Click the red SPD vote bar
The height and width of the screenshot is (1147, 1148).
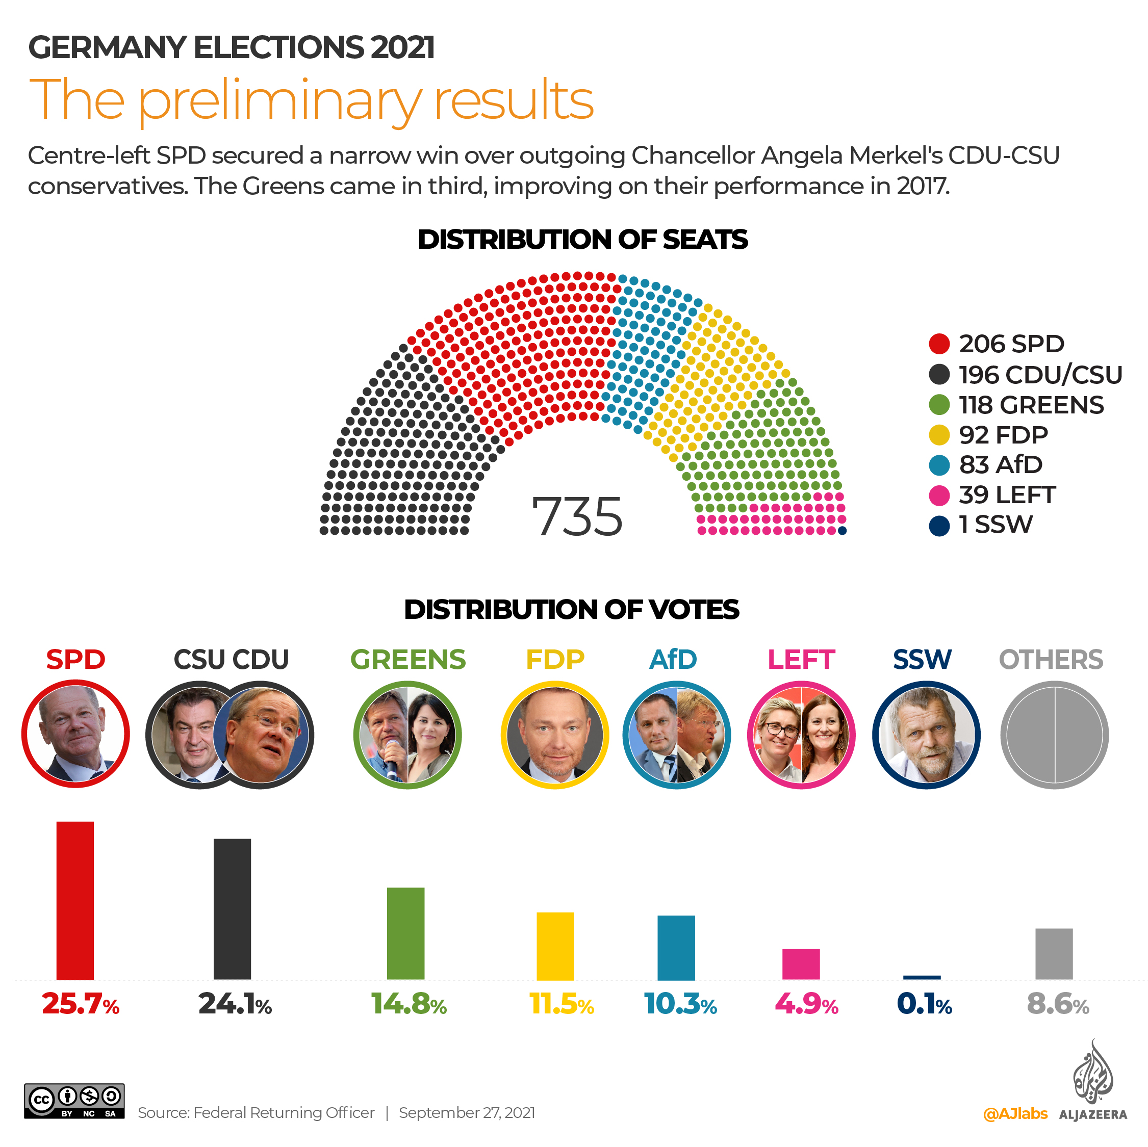75,900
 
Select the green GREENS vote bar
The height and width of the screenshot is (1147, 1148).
405,933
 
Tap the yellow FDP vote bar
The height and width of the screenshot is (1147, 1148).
555,946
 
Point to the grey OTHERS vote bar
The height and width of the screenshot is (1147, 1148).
1054,953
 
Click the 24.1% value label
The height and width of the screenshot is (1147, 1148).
235,1004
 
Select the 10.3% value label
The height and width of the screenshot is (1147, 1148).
680,1004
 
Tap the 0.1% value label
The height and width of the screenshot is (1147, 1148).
924,1004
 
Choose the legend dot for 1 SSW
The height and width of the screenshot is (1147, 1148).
939,526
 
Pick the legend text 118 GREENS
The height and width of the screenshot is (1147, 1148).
1031,405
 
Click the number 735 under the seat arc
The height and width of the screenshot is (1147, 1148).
576,517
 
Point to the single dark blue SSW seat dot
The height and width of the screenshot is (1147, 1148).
842,531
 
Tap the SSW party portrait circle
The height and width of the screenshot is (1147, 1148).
926,735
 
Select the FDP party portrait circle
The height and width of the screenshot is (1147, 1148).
555,735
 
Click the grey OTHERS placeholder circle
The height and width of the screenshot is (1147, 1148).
1054,735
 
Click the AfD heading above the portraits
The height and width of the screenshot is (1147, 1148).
673,659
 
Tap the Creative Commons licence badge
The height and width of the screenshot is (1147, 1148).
74,1101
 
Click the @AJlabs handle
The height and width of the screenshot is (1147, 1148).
1015,1113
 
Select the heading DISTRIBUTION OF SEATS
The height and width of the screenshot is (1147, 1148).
582,240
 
